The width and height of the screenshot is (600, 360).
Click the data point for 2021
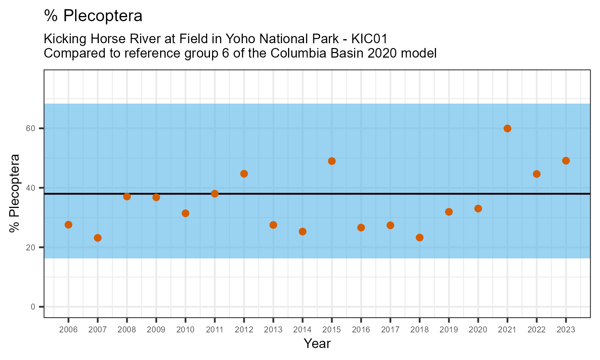tap(507, 128)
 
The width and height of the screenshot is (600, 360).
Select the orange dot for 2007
tap(98, 238)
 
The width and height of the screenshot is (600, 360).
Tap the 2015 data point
tap(332, 161)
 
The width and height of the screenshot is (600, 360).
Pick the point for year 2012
tap(244, 174)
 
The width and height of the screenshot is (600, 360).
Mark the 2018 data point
tap(420, 238)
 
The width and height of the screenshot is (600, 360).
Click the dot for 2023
tap(566, 161)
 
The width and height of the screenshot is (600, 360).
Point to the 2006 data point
tap(68, 225)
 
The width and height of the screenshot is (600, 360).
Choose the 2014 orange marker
tap(302, 232)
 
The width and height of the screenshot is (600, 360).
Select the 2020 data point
tap(478, 208)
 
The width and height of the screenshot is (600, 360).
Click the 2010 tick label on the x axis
tap(185, 330)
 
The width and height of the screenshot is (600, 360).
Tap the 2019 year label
tap(449, 330)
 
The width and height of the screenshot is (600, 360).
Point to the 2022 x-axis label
tap(536, 330)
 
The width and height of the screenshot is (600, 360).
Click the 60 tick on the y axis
tap(32, 128)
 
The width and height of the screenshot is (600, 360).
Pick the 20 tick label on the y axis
tap(32, 248)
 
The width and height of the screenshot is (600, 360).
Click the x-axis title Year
tap(317, 344)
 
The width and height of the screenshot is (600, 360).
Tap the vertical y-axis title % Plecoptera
tap(15, 193)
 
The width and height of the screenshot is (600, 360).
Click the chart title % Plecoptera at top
tap(93, 16)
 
